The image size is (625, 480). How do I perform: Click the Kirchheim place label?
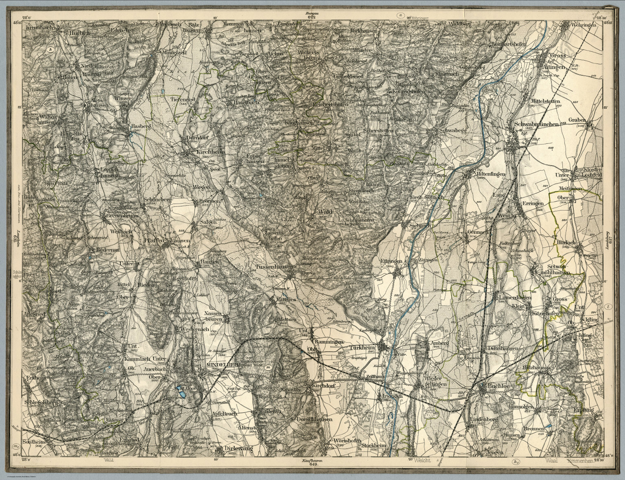pos(199,151)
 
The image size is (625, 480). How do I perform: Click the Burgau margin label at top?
pos(312,13)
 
